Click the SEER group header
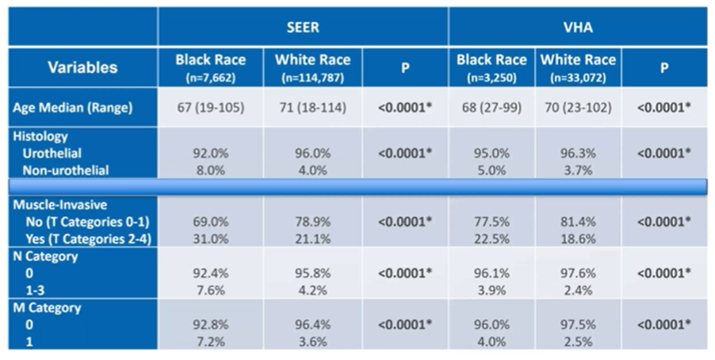click(303, 28)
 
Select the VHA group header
click(578, 28)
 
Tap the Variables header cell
click(82, 67)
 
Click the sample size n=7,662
click(210, 78)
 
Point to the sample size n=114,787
click(313, 78)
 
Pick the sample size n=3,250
click(491, 78)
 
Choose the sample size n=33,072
click(578, 78)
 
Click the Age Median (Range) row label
click(73, 108)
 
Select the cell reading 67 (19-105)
click(211, 108)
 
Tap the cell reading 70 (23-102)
click(578, 108)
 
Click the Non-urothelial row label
click(66, 170)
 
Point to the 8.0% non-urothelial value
click(211, 170)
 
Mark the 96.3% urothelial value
click(578, 153)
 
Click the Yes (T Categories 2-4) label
click(89, 239)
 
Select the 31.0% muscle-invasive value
click(211, 239)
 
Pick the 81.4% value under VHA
click(578, 222)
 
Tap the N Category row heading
click(45, 256)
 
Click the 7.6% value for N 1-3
click(211, 291)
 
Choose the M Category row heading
click(47, 308)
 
